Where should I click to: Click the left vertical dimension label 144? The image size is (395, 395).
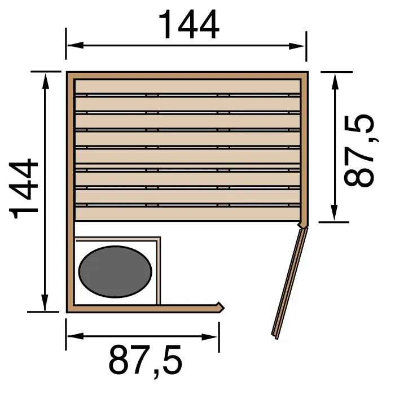[x=25, y=189]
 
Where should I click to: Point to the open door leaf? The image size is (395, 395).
[x=288, y=282]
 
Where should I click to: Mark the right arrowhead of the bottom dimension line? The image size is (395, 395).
[x=214, y=337]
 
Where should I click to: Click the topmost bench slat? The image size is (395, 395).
[x=187, y=86]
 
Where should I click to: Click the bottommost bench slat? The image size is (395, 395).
[x=187, y=213]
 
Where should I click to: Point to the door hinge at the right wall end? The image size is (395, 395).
[x=304, y=225]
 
